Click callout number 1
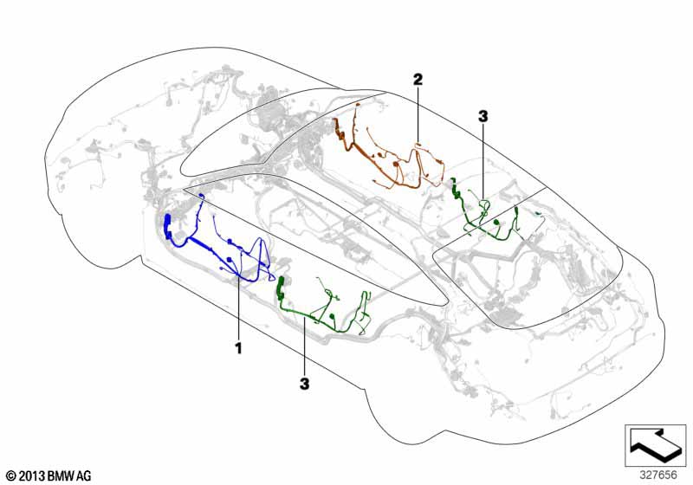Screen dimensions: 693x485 239,348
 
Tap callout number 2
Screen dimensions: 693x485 418,79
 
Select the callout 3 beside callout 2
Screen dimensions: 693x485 483,116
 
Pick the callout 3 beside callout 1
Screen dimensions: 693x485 305,384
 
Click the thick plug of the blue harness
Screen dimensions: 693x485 168,227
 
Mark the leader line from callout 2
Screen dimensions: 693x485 418,116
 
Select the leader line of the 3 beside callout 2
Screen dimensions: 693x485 483,162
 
